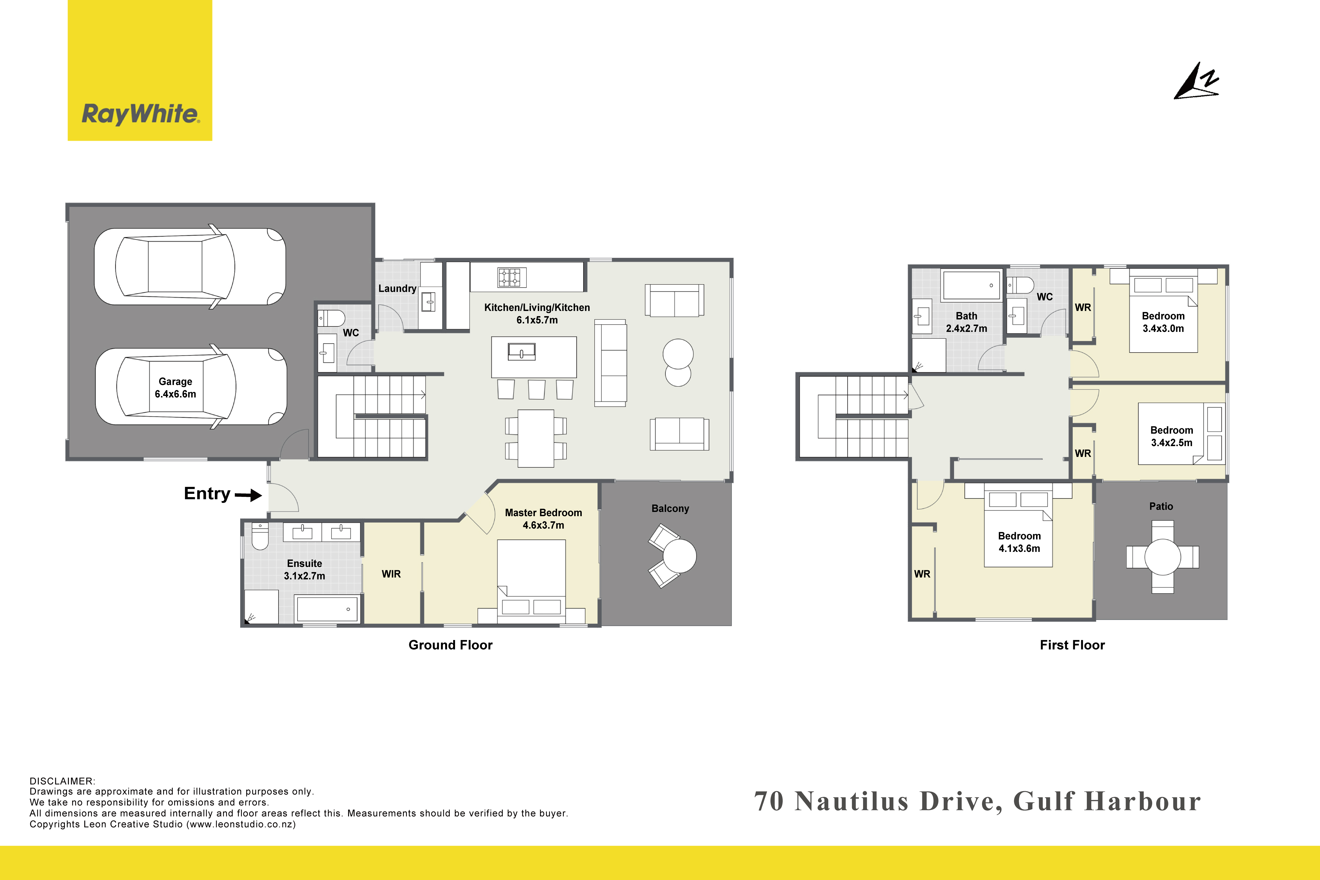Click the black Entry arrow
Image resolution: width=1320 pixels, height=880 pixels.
[248, 495]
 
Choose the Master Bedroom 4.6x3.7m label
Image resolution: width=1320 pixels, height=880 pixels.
[543, 519]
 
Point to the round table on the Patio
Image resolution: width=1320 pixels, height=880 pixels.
[1162, 557]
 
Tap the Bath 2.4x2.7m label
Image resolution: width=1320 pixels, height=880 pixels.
[966, 322]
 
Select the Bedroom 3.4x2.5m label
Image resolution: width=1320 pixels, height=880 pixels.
[1172, 436]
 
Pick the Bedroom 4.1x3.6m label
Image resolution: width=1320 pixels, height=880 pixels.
[1019, 542]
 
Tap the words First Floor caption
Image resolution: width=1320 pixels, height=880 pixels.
[1072, 645]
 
